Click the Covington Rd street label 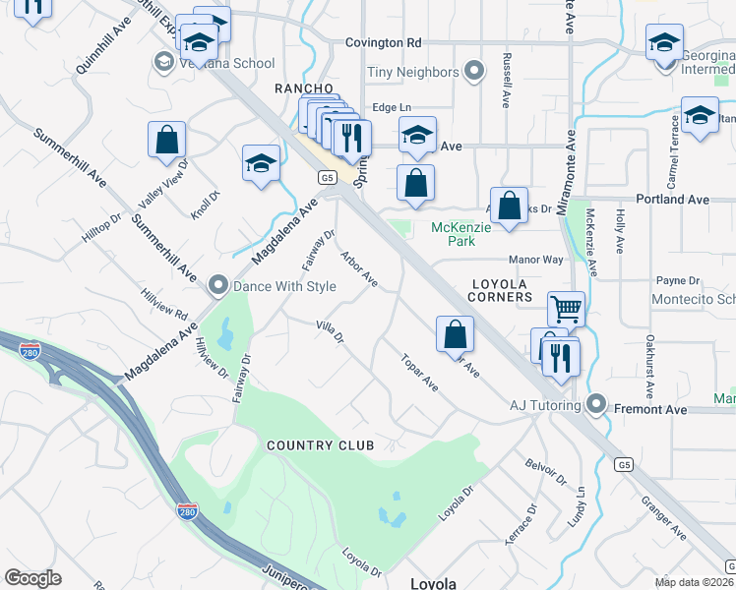(383, 42)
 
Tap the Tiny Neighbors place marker (474, 72)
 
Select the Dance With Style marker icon (218, 286)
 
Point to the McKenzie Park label (454, 234)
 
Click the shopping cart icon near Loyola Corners (566, 310)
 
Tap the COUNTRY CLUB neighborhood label (321, 445)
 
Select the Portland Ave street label (673, 199)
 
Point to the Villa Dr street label (330, 332)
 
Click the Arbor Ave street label (359, 268)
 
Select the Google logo (33, 577)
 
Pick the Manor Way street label (535, 261)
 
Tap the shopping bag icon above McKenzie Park (416, 184)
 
